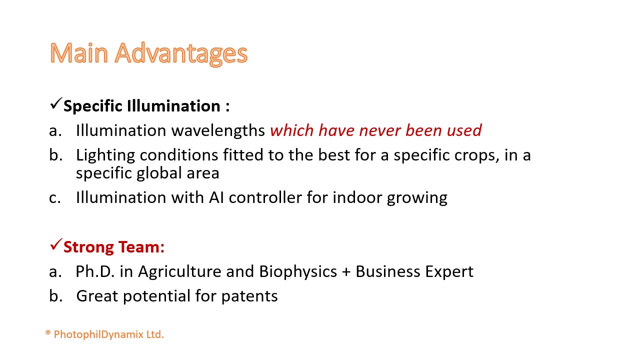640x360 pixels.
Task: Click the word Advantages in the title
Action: [181, 54]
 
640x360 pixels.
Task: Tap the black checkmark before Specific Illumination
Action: [56, 103]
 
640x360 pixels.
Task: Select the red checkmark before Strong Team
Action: [56, 244]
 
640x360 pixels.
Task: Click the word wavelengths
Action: [218, 131]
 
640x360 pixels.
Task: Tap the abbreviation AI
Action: [216, 197]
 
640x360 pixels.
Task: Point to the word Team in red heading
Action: [141, 247]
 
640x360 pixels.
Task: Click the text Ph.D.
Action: [95, 271]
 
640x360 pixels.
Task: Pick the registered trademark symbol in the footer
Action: [48, 332]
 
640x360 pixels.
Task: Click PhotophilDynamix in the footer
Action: [98, 334]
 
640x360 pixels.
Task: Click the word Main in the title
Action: [79, 53]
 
